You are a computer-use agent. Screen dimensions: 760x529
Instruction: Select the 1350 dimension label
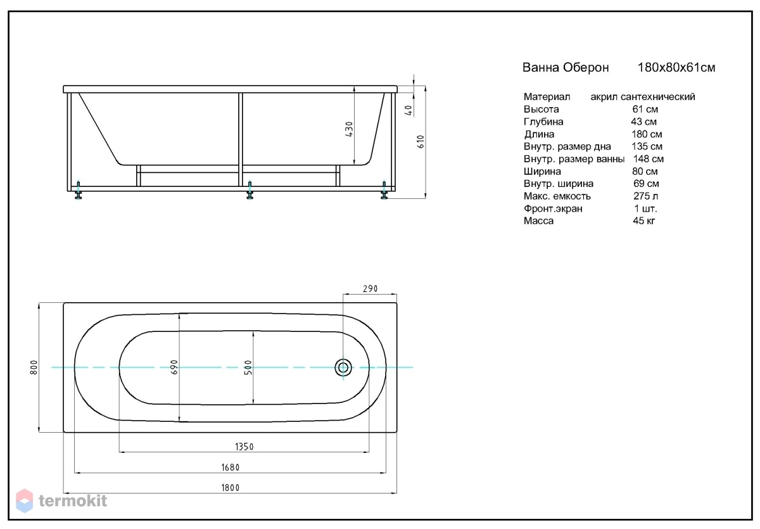(244, 447)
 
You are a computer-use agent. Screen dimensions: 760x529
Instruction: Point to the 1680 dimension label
(231, 468)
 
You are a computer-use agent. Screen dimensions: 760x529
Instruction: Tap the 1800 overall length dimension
(231, 488)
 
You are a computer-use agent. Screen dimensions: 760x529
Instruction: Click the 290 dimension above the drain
(370, 289)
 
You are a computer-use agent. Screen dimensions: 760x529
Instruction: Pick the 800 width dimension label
(34, 367)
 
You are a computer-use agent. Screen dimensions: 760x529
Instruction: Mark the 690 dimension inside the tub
(174, 367)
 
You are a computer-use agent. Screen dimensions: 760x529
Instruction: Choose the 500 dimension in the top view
(248, 368)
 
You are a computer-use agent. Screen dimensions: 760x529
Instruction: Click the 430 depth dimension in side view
(349, 129)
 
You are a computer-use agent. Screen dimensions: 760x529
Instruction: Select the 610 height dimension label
(421, 141)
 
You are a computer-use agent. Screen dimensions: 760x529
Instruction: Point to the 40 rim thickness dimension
(409, 110)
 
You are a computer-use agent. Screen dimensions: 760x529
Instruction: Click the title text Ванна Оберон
(566, 68)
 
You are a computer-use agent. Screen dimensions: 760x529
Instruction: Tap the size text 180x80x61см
(676, 68)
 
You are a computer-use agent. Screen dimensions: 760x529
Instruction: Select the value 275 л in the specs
(645, 196)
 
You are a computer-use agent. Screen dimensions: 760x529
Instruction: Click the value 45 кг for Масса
(644, 221)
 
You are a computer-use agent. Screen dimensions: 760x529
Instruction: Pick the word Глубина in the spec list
(543, 122)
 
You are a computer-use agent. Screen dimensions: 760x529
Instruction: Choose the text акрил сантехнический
(643, 97)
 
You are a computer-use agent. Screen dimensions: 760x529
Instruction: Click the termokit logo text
(73, 501)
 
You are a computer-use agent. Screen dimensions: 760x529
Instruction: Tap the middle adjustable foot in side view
(250, 190)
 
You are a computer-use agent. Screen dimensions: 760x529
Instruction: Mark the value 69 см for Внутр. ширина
(646, 184)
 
